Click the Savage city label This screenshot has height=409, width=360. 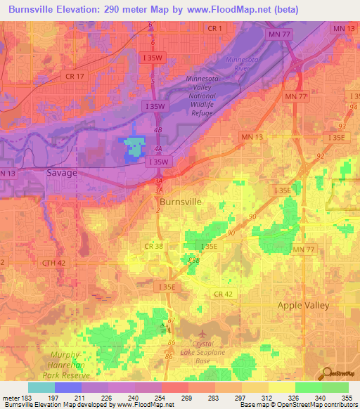tap(61, 172)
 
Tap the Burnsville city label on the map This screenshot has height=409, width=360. tap(179, 202)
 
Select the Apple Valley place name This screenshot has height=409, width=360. tap(304, 305)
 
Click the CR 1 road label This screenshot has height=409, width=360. tap(215, 28)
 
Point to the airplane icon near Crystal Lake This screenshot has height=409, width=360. tap(202, 332)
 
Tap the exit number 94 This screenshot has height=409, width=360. tap(352, 108)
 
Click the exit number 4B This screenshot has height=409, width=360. tap(158, 130)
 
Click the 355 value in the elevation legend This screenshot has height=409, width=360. tap(347, 398)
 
